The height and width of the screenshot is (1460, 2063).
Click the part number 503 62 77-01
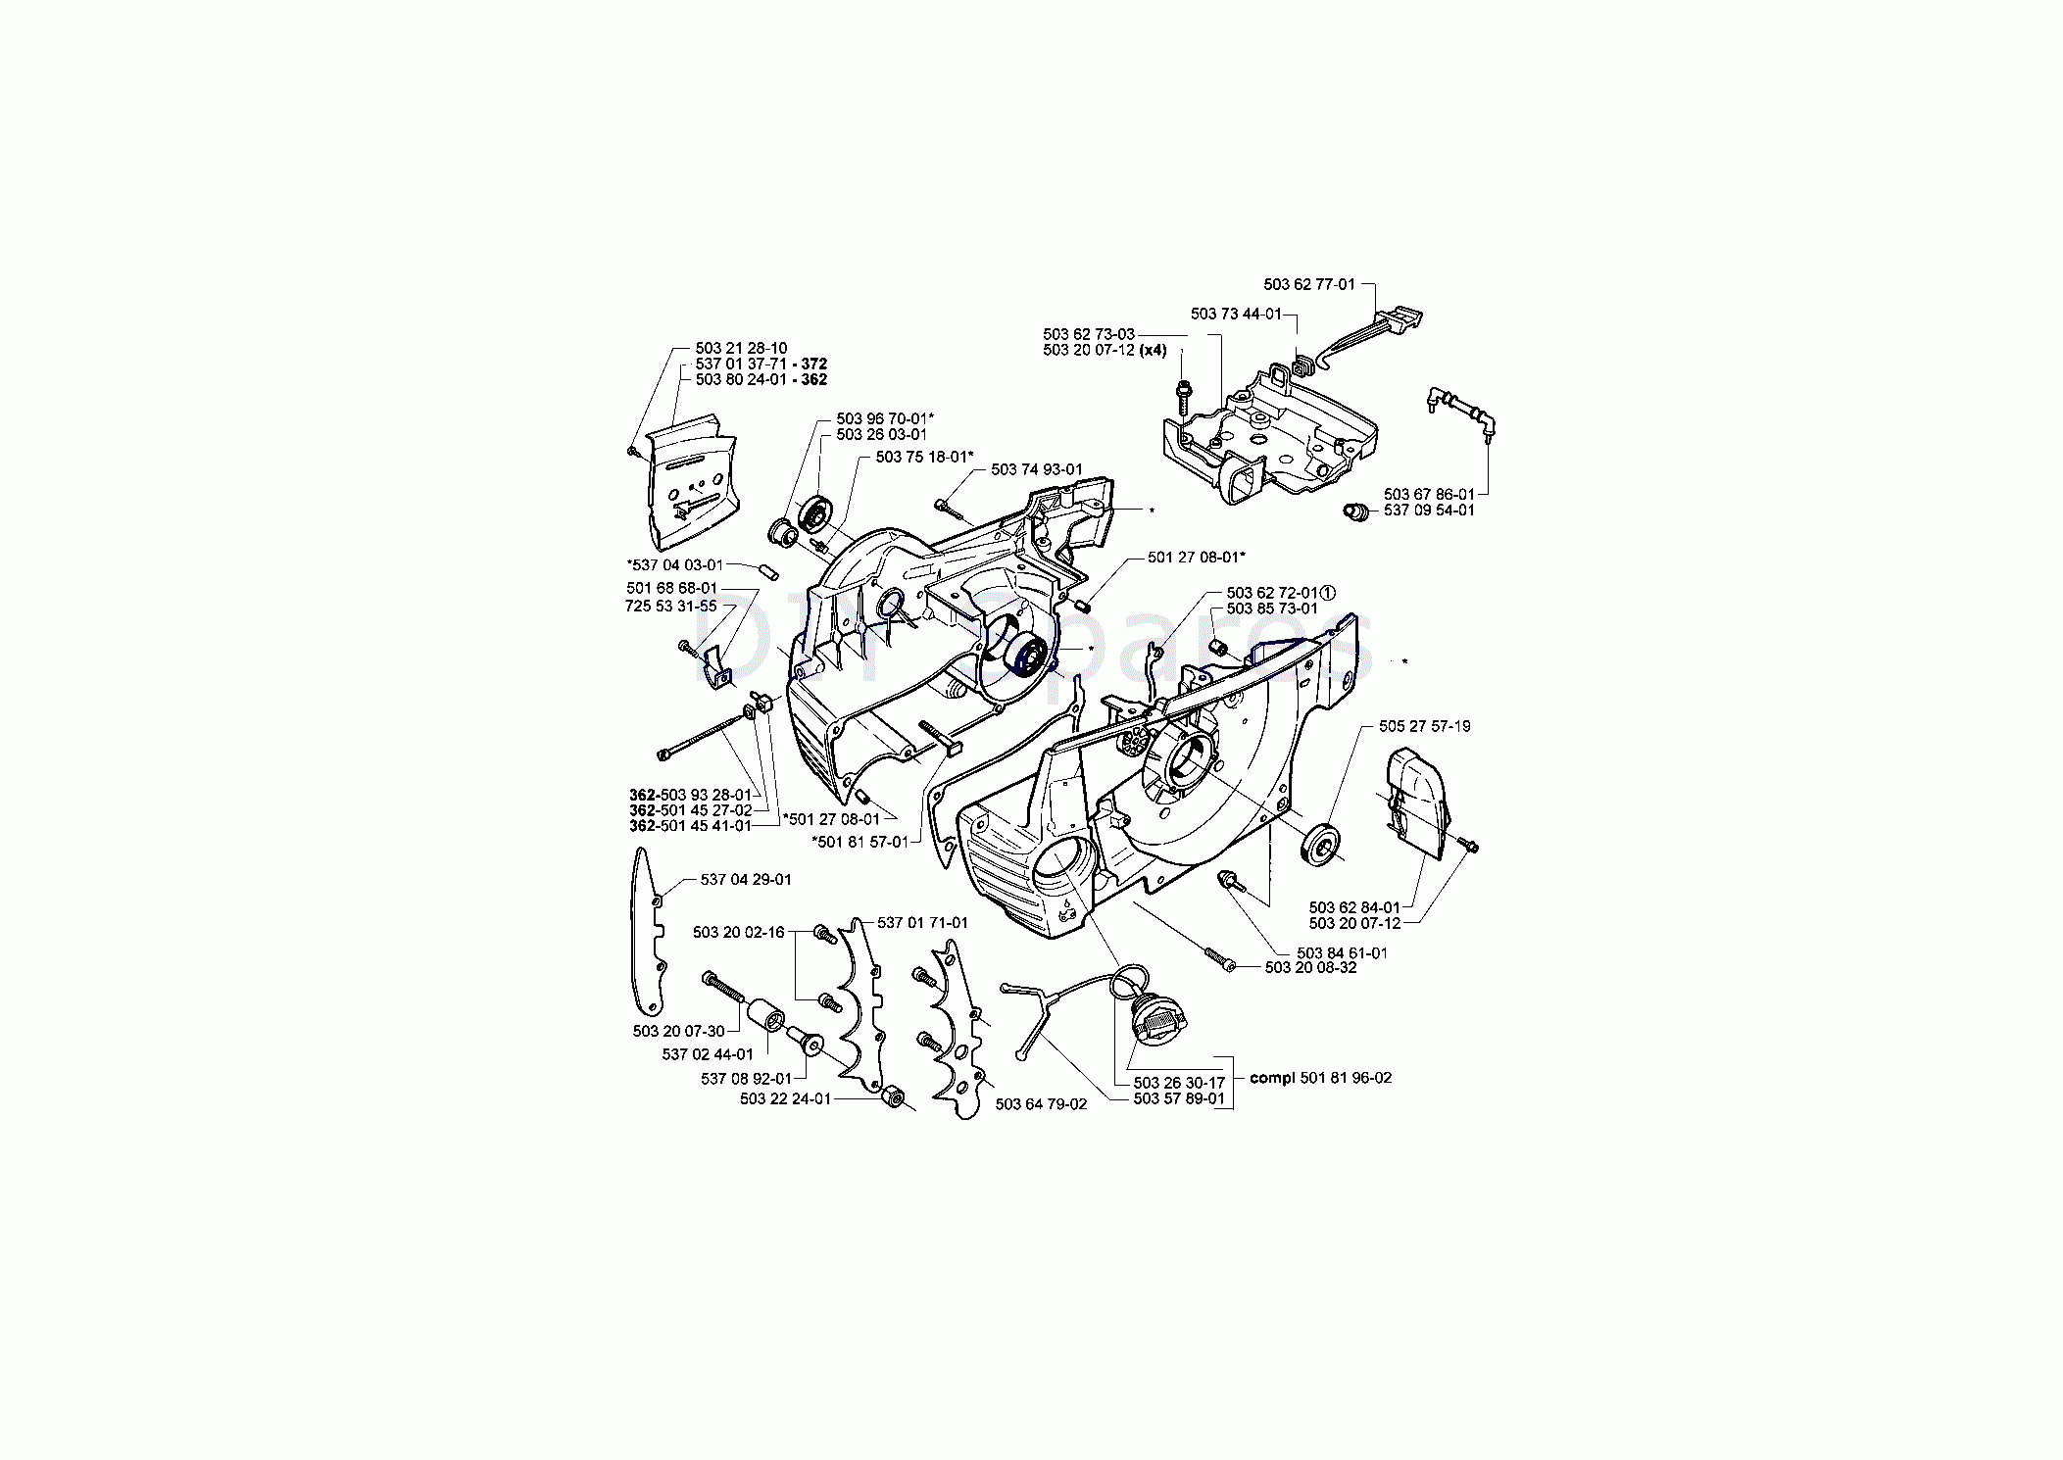pyautogui.click(x=1309, y=284)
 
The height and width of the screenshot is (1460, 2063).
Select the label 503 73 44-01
pyautogui.click(x=1237, y=314)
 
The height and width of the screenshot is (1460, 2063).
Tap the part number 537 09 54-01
pyautogui.click(x=1429, y=511)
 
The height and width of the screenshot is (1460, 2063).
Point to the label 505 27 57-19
pyautogui.click(x=1425, y=726)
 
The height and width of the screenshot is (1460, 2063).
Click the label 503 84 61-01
pyautogui.click(x=1342, y=952)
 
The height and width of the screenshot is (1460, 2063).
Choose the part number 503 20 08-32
pyautogui.click(x=1311, y=967)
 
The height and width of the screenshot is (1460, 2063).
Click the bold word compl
pyautogui.click(x=1273, y=1078)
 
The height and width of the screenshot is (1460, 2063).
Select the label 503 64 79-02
pyautogui.click(x=1041, y=1104)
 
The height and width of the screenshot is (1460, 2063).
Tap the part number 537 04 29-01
pyautogui.click(x=746, y=880)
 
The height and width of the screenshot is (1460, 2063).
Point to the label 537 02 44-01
pyautogui.click(x=708, y=1054)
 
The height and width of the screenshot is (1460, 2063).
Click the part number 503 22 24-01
pyautogui.click(x=785, y=1098)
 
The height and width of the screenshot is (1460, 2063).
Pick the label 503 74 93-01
pyautogui.click(x=1037, y=470)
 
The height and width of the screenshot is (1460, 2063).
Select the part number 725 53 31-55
pyautogui.click(x=670, y=606)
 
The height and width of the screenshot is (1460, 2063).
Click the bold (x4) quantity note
pyautogui.click(x=1153, y=351)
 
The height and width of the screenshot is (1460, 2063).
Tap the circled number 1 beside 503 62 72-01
pyautogui.click(x=1328, y=593)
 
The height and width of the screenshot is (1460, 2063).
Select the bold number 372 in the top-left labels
pyautogui.click(x=814, y=365)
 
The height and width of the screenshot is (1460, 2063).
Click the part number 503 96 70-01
pyautogui.click(x=882, y=418)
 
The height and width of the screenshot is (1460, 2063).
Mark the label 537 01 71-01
pyautogui.click(x=922, y=923)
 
